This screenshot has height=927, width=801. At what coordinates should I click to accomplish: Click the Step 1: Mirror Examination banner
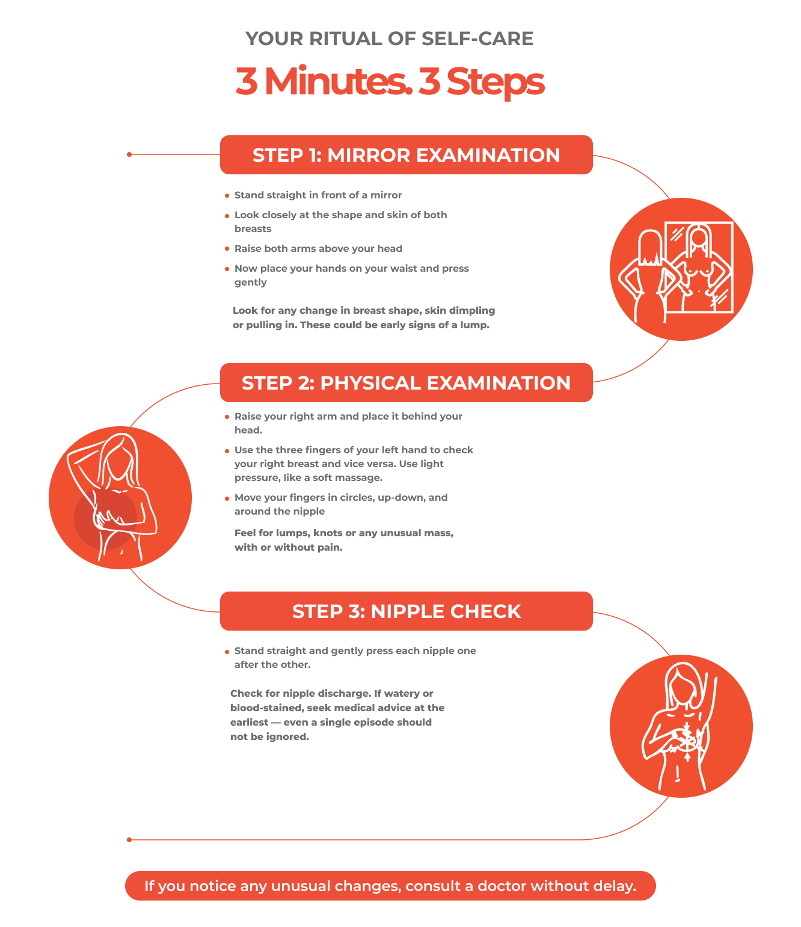click(406, 155)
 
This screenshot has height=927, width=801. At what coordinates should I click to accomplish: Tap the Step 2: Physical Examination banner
click(406, 383)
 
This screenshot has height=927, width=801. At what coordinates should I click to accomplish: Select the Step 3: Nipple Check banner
click(406, 611)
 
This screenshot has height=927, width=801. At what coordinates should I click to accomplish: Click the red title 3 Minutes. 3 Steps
click(390, 82)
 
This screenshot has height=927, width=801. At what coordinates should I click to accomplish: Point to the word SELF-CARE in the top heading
click(477, 39)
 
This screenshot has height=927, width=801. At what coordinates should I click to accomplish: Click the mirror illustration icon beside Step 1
click(681, 269)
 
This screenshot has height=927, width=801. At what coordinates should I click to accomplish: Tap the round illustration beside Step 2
click(120, 498)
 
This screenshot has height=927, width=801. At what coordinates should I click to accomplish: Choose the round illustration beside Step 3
click(681, 726)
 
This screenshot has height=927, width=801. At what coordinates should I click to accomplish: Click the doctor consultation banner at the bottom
click(390, 886)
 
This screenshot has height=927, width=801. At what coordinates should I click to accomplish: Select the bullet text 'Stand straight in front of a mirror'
click(318, 195)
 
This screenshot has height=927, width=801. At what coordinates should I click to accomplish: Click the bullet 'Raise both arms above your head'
click(318, 249)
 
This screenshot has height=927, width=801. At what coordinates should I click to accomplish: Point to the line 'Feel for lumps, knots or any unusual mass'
click(343, 533)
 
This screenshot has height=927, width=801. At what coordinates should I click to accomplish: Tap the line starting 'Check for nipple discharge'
click(331, 694)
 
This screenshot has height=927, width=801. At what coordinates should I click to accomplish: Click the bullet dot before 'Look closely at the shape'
click(227, 216)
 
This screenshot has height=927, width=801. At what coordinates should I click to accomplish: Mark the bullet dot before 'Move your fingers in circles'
click(227, 498)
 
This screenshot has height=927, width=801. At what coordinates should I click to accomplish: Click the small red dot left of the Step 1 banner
click(129, 154)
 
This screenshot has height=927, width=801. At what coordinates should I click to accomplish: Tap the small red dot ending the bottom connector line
click(129, 840)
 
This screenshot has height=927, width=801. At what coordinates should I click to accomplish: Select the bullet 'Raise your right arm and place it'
click(348, 417)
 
